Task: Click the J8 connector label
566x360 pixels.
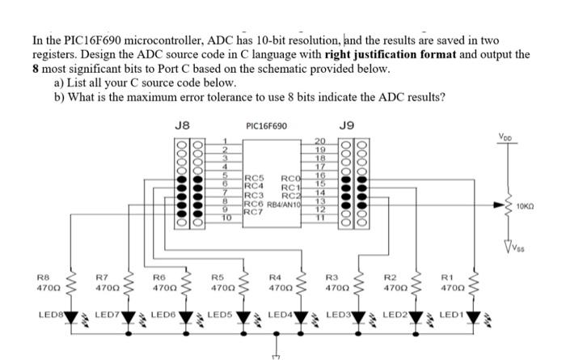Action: [x=182, y=125]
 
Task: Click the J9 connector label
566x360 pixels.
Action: [x=346, y=125]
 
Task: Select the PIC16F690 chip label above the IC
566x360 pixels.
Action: [x=266, y=126]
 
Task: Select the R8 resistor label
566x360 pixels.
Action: [x=43, y=277]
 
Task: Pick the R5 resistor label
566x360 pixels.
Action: [x=217, y=277]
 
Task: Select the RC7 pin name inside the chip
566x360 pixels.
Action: [x=253, y=211]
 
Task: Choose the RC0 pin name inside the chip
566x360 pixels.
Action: [x=291, y=178]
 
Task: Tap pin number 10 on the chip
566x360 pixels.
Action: [x=226, y=218]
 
